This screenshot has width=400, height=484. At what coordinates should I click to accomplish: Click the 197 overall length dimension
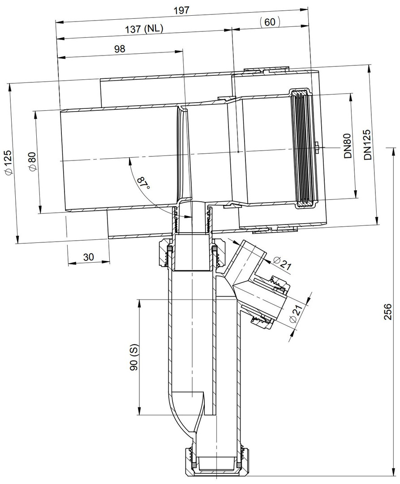181,10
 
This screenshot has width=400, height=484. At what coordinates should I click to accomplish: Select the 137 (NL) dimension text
144,29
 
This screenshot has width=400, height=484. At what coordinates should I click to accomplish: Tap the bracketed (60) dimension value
270,22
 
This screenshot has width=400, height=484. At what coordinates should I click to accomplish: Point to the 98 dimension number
120,48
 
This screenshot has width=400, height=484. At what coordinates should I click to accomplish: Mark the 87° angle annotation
143,183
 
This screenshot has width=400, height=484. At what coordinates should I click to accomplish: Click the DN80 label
348,146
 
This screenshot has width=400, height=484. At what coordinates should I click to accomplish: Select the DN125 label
367,145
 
